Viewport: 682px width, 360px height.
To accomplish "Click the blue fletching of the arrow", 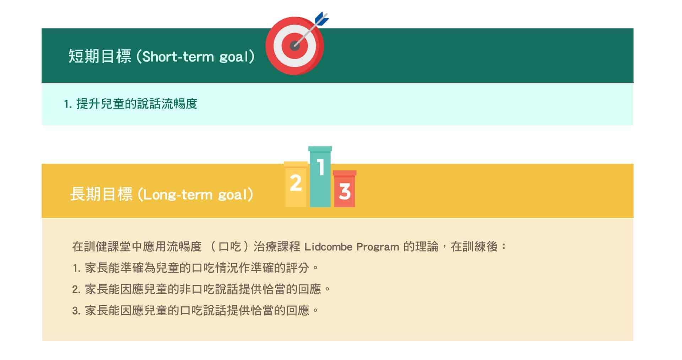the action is tap(322, 19).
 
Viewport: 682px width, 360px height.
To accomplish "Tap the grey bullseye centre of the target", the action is tap(295, 45).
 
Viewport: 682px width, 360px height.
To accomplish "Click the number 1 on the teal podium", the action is tap(321, 167).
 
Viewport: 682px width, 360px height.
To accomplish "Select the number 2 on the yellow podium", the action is tap(296, 183).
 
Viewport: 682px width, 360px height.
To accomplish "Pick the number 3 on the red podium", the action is tap(345, 192).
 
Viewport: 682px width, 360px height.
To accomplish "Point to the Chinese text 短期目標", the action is tap(100, 56).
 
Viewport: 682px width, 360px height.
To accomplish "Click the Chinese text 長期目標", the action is tap(101, 194).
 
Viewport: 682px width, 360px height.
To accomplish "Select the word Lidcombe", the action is tap(329, 247).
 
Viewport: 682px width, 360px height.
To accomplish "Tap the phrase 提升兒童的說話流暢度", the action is tap(137, 104).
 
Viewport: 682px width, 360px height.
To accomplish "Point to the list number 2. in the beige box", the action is tap(76, 289).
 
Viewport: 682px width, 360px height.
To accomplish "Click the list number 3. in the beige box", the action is tap(76, 311).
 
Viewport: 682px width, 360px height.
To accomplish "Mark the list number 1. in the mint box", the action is tap(68, 104).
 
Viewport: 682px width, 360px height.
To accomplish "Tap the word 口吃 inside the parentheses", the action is tap(230, 246).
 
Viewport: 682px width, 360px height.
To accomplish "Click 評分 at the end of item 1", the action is tap(298, 268).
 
